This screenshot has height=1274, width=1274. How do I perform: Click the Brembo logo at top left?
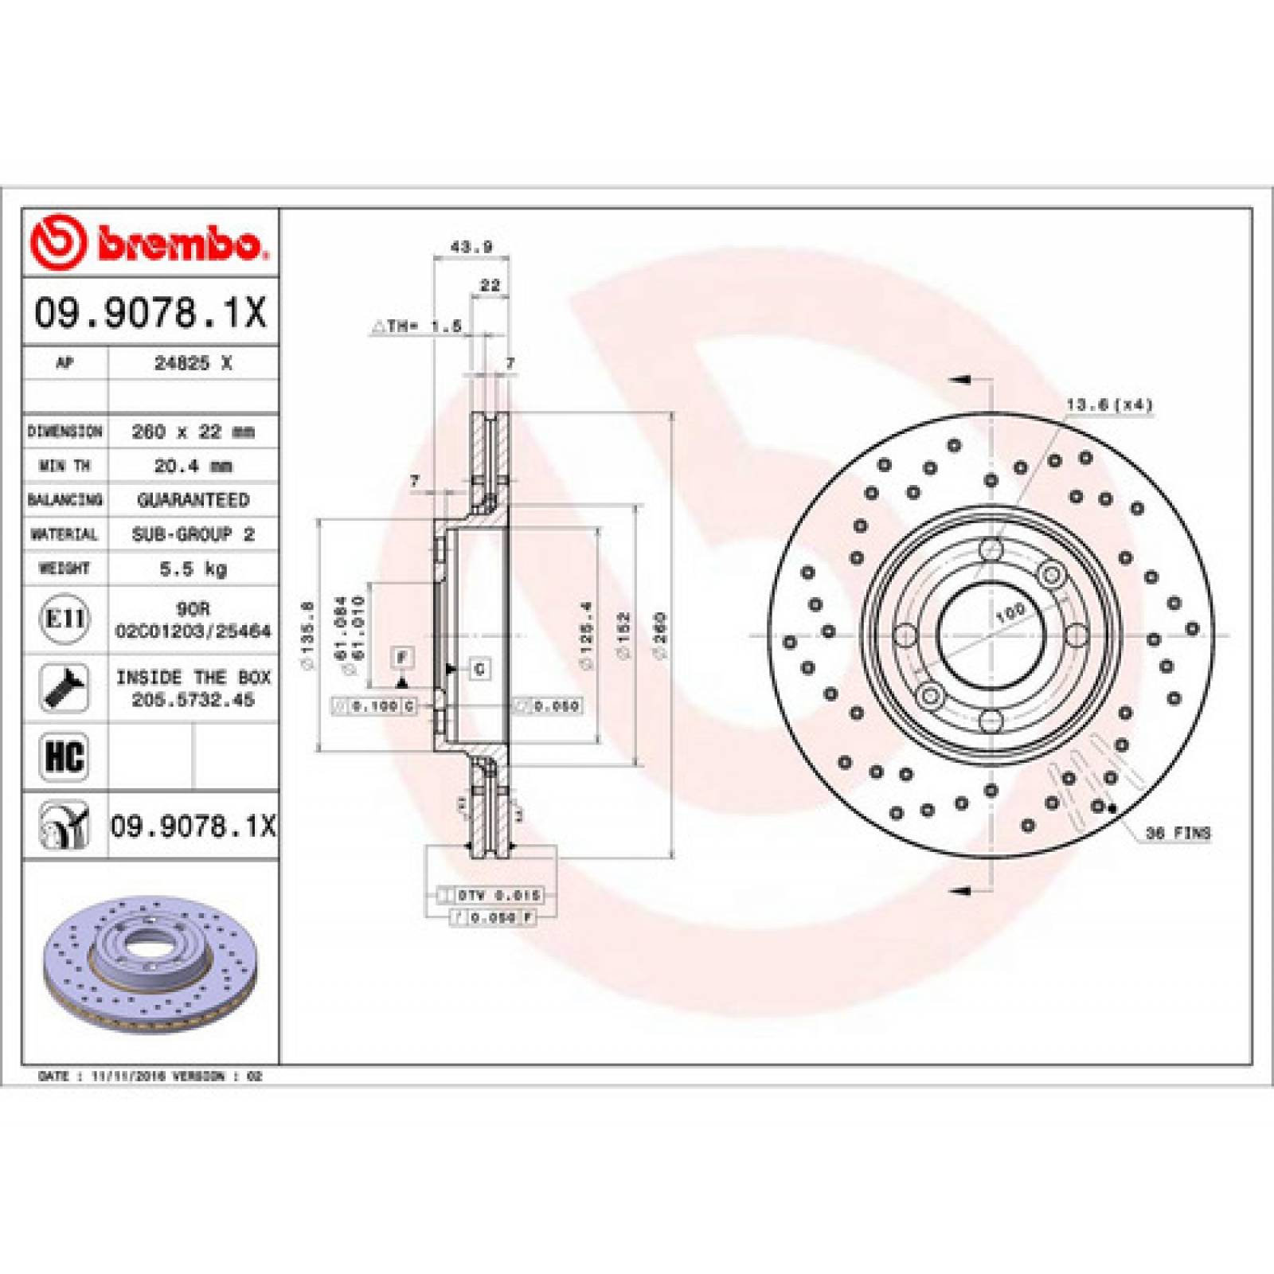[x=147, y=241]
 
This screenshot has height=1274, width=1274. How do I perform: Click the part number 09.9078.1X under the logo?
[x=150, y=312]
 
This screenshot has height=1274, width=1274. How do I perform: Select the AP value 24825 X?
[x=193, y=363]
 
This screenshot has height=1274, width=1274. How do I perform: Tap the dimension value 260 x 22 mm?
[x=193, y=432]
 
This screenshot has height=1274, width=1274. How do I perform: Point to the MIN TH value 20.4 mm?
[x=193, y=466]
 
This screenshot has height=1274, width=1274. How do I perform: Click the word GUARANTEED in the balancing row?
[x=193, y=500]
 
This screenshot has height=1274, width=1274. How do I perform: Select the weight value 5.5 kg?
[x=193, y=569]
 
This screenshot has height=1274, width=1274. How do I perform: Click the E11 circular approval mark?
[x=64, y=619]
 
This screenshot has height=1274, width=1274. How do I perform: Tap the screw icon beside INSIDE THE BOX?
[x=64, y=688]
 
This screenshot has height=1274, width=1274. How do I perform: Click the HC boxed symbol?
[x=64, y=756]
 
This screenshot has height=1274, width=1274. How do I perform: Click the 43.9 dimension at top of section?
[x=471, y=247]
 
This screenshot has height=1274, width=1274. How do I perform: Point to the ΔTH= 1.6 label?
[x=417, y=326]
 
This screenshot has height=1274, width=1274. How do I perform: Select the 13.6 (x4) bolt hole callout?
[x=1109, y=405]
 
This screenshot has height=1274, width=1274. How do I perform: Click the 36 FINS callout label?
[x=1178, y=833]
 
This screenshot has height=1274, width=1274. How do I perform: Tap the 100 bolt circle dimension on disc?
[x=1010, y=613]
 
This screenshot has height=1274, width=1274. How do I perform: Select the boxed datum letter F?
[x=403, y=658]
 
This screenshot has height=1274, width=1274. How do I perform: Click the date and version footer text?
[x=150, y=1076]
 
